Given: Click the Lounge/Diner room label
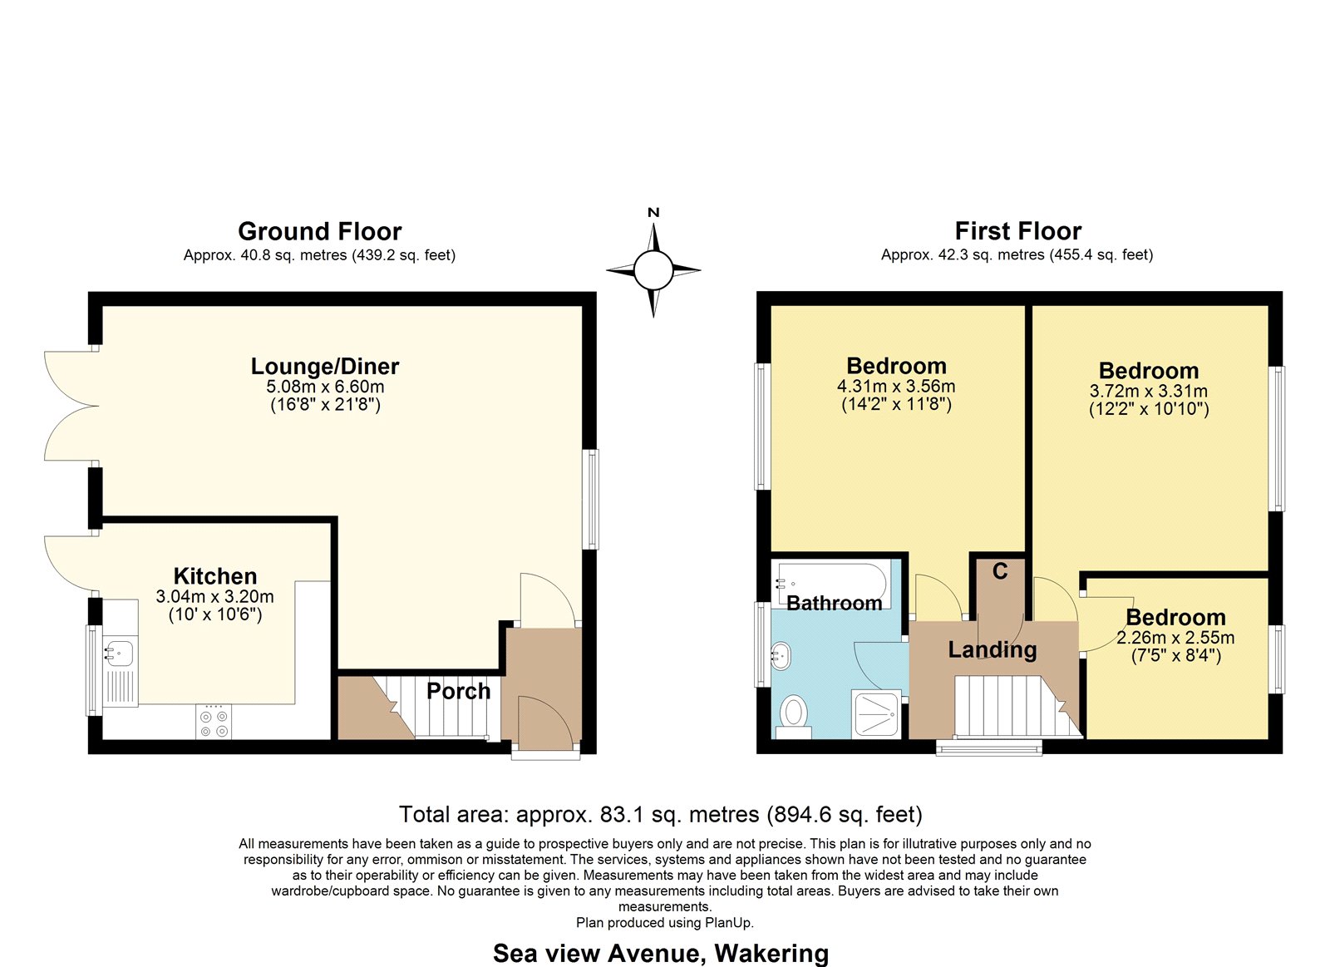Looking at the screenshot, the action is [325, 367].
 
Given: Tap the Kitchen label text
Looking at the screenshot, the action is [215, 576].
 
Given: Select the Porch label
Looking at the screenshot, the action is [458, 692].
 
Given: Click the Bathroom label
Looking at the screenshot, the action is [835, 604].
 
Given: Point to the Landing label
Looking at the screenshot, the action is [993, 649].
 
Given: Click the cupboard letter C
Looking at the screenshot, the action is [1000, 571].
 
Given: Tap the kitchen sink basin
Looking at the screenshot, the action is [119, 654].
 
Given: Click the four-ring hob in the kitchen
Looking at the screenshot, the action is [214, 721].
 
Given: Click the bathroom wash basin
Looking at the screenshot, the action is [781, 656].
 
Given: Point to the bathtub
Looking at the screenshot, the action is [831, 583].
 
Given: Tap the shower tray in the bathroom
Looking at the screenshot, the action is [876, 713].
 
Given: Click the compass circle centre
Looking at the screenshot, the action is [653, 270].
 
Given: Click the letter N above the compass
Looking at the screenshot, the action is [653, 213].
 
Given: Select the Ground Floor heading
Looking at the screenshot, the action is [320, 231].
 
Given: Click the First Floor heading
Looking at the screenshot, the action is [1017, 231].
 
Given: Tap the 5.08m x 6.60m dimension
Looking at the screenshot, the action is [325, 387].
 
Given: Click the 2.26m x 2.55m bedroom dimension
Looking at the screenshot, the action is [1175, 638].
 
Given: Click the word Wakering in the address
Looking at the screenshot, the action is [771, 953].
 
